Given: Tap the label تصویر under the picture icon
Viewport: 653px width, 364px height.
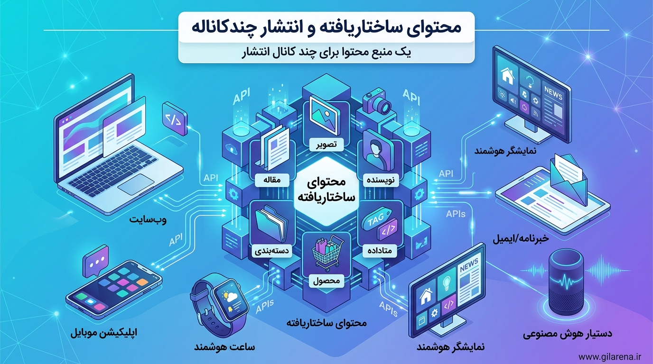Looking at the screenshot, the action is [x=327, y=144].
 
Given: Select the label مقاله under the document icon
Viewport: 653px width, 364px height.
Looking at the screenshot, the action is [x=272, y=180].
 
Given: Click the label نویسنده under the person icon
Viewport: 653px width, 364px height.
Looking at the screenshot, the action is [x=381, y=180].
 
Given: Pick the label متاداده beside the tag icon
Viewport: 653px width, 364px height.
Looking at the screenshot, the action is [x=379, y=250].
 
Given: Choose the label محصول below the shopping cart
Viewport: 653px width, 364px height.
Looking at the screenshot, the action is [x=326, y=281].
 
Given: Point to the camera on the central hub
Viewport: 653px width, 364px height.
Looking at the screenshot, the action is [x=377, y=102].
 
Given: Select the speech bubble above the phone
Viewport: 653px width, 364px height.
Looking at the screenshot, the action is [x=95, y=261].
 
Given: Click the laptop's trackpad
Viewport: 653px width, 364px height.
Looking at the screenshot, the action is [x=136, y=185].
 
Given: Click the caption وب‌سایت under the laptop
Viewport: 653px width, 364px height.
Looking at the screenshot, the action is [x=148, y=220].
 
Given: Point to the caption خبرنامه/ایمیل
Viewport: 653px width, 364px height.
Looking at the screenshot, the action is [x=521, y=239].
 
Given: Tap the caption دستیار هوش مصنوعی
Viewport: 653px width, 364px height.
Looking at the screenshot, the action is [x=567, y=334].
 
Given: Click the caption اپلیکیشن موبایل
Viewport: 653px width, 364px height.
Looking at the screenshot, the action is [x=104, y=333].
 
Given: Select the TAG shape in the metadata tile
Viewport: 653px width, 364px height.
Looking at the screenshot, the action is [x=376, y=220].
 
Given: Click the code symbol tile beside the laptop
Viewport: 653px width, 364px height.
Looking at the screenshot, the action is [x=175, y=118].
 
